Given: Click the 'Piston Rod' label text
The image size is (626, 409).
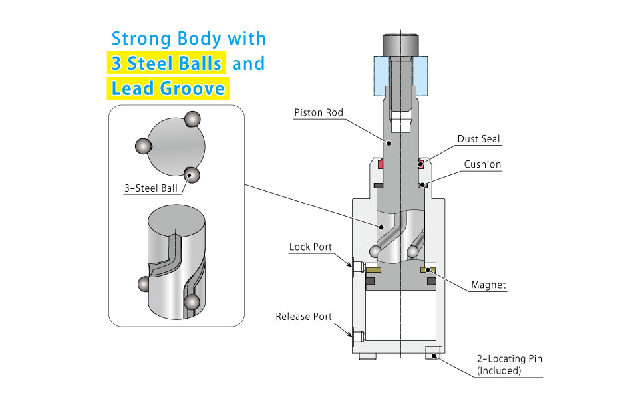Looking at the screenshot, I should pyautogui.click(x=319, y=112).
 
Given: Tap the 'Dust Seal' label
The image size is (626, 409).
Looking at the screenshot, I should pyautogui.click(x=478, y=139).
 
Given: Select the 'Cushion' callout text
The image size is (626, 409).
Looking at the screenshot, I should pyautogui.click(x=482, y=164).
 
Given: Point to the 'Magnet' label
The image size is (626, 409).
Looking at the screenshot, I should pyautogui.click(x=488, y=285).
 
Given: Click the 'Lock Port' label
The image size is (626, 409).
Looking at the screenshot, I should pyautogui.click(x=310, y=247).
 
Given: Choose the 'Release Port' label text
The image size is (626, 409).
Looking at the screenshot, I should pyautogui.click(x=303, y=317).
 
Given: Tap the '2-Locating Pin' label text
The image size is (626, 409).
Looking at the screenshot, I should pyautogui.click(x=509, y=359).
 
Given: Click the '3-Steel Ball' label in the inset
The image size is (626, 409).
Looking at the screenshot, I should pyautogui.click(x=151, y=188).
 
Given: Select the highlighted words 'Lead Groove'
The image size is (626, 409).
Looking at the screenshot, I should pyautogui.click(x=168, y=88).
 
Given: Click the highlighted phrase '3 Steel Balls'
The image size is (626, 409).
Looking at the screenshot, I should pyautogui.click(x=167, y=63).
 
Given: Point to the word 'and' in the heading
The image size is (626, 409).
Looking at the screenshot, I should pyautogui.click(x=248, y=63).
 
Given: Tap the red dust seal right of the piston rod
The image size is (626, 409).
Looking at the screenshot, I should pyautogui.click(x=420, y=163).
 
